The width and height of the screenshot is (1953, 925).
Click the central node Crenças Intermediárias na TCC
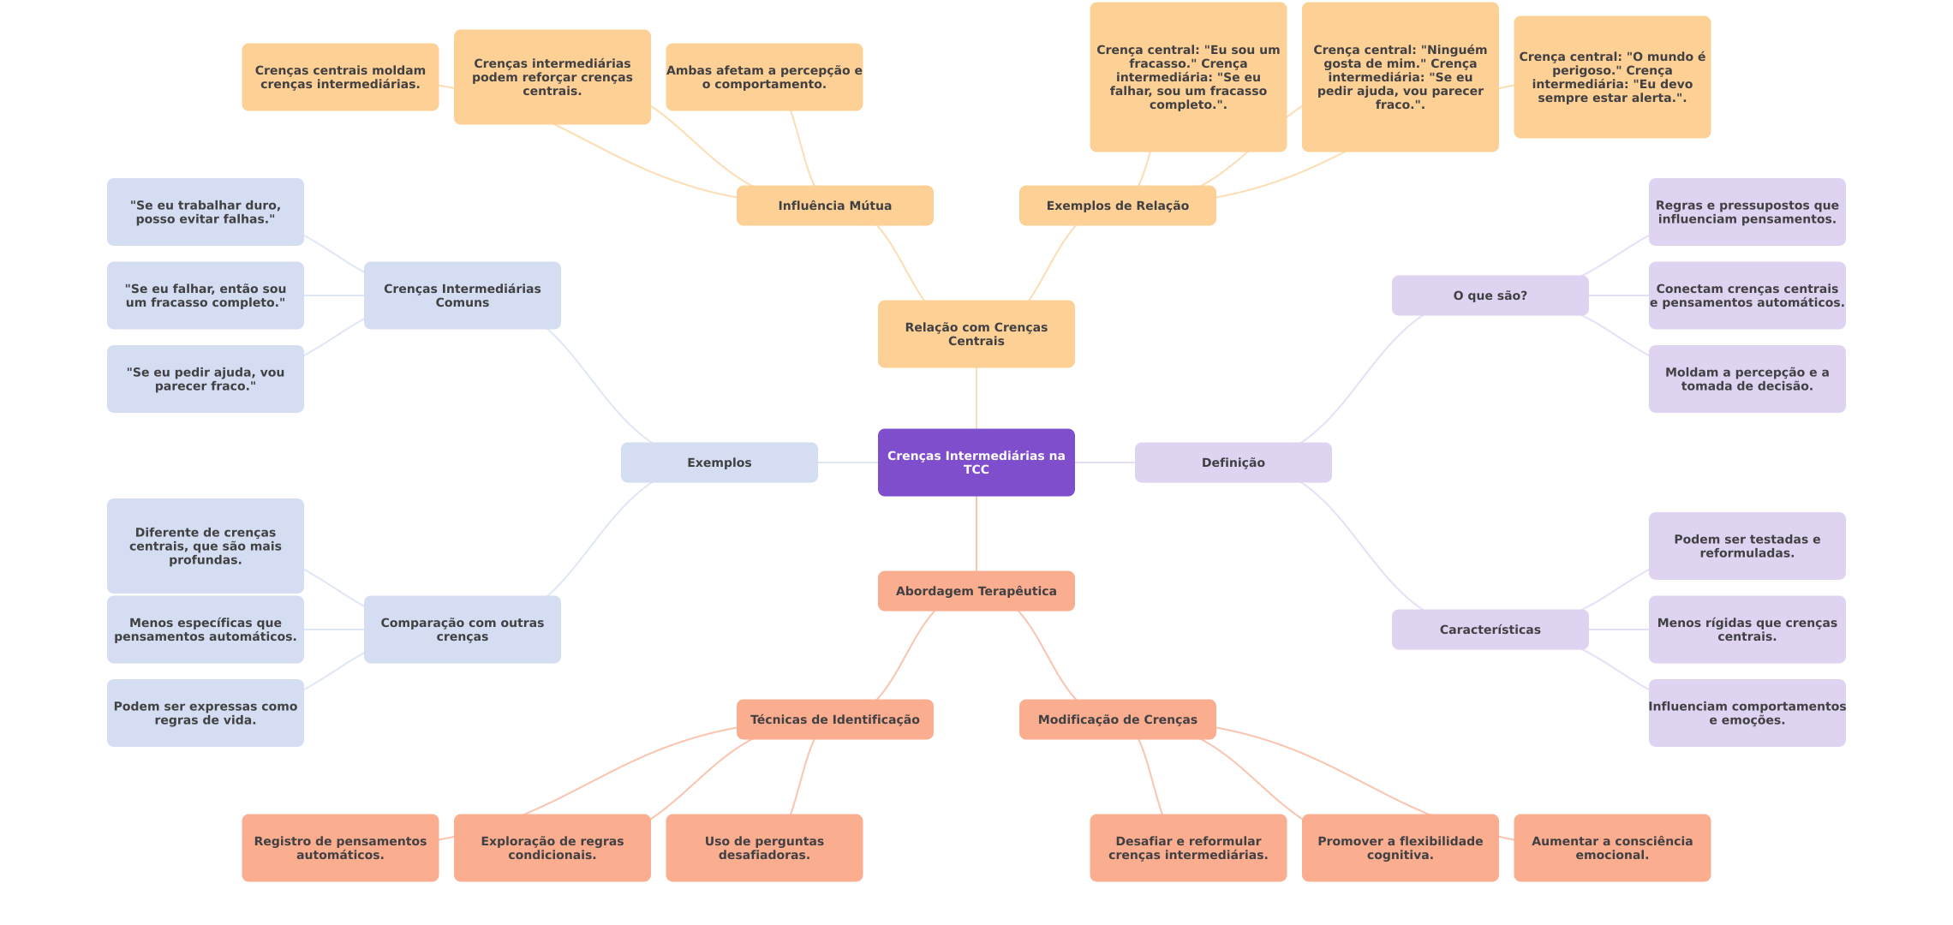click(976, 462)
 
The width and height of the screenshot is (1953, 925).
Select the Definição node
click(1233, 462)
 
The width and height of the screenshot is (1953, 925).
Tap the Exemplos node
click(719, 462)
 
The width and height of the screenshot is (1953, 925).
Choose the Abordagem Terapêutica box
click(976, 591)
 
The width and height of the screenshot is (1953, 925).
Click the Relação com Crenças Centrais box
click(976, 334)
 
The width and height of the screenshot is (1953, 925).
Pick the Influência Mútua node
click(834, 206)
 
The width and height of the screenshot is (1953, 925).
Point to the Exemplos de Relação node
click(1117, 206)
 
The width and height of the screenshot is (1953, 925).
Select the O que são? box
click(1490, 295)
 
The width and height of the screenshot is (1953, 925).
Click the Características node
click(1490, 630)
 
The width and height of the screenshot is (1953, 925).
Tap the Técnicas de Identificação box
click(834, 719)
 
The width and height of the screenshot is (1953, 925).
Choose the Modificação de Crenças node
click(1117, 719)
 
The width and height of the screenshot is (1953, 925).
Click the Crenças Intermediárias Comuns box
click(462, 295)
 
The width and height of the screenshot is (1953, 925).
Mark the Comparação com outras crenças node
click(462, 630)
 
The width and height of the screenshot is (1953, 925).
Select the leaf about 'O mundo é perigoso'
click(1611, 77)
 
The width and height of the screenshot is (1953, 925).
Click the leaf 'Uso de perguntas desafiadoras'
click(764, 848)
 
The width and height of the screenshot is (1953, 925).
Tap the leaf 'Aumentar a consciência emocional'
click(1611, 848)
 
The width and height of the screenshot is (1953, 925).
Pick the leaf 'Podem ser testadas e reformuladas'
click(1747, 546)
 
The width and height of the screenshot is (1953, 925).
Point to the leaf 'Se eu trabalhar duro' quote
click(205, 212)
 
